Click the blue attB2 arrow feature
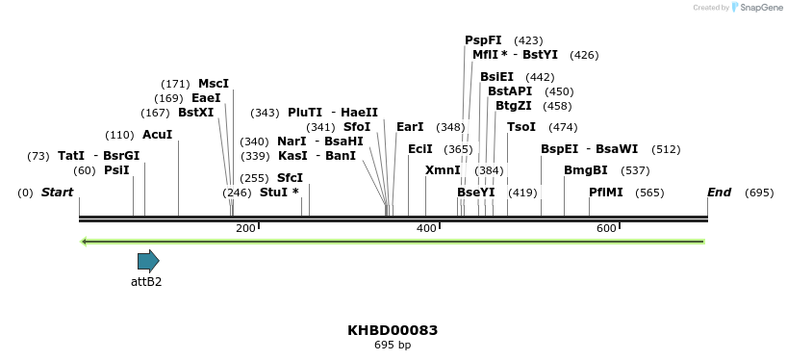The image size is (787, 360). (148, 261)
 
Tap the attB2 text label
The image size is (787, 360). (146, 282)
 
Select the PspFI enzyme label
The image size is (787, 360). (483, 40)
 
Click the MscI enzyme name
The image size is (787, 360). (214, 84)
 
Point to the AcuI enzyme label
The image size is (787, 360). (157, 135)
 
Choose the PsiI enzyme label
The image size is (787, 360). (116, 170)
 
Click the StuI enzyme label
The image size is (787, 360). (279, 193)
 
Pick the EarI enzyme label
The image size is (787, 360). (410, 127)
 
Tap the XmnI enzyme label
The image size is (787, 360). (443, 170)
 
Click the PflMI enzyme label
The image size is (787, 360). (606, 193)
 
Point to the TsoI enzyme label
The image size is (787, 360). (521, 127)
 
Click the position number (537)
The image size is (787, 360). (635, 170)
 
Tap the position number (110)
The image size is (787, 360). (119, 135)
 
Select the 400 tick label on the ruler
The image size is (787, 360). (425, 228)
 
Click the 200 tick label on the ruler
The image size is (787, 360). (245, 228)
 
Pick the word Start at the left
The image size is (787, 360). (57, 193)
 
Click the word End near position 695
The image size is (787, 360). (720, 193)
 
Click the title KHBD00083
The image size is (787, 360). (393, 330)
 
